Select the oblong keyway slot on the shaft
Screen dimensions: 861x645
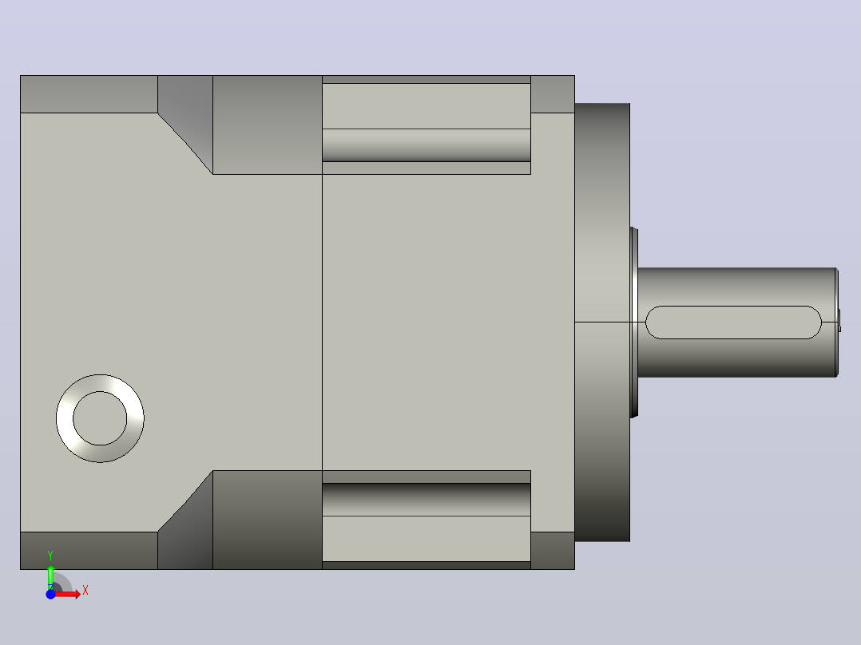(x=733, y=322)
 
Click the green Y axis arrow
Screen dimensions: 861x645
(x=50, y=576)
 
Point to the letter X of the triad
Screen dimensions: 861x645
(x=85, y=591)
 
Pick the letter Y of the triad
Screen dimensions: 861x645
(x=50, y=556)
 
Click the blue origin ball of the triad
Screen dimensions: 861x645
(x=50, y=594)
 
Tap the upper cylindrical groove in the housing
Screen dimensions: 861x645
(x=427, y=145)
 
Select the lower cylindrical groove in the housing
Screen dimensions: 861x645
(x=427, y=500)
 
